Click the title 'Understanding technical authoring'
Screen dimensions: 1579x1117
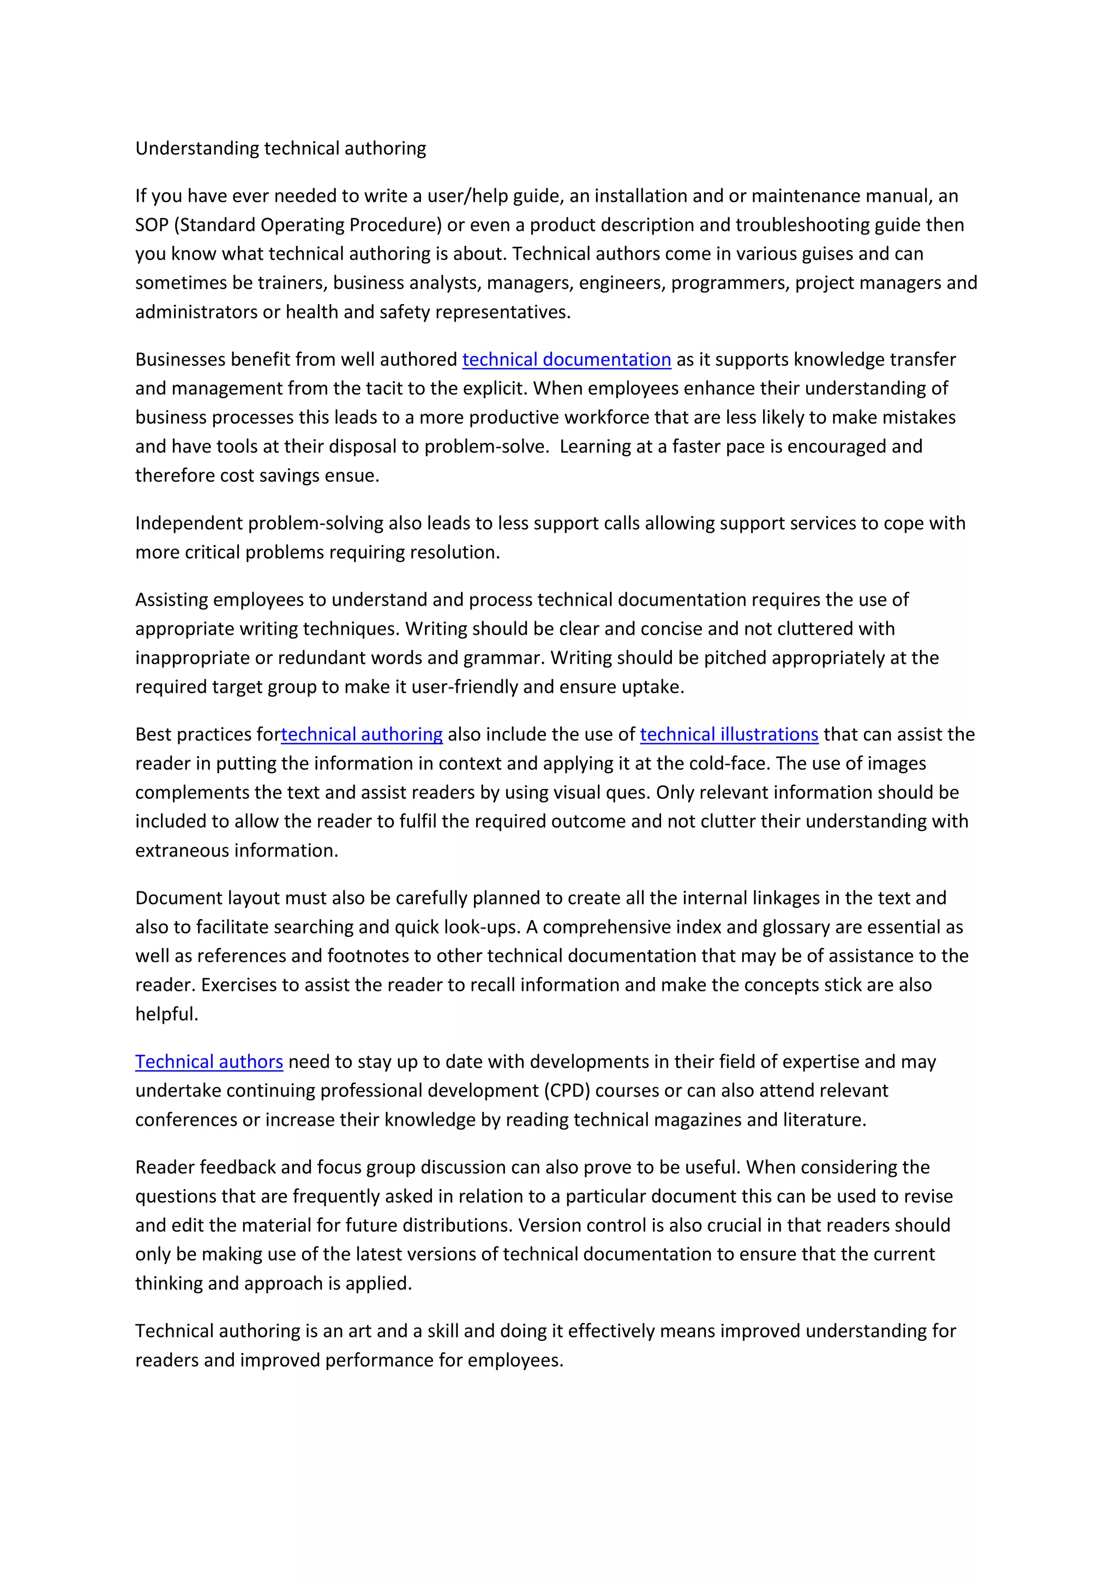coord(281,148)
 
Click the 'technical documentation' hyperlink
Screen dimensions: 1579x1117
coord(566,360)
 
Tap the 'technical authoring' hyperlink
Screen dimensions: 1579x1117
coord(362,734)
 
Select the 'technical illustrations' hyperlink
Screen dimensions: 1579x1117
coord(729,734)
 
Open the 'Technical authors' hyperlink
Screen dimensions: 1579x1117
coord(209,1062)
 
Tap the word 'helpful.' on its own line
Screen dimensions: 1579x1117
coord(166,1014)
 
